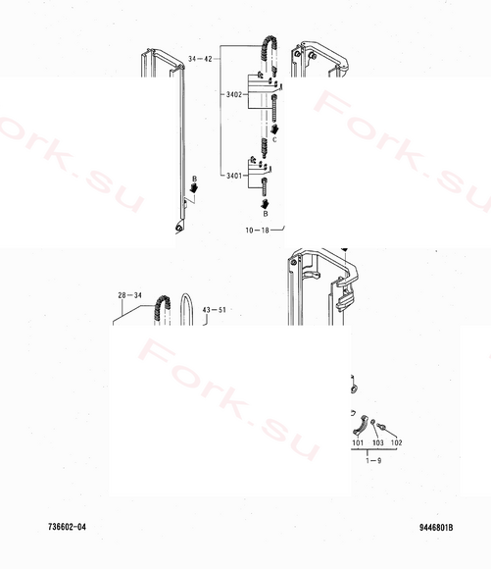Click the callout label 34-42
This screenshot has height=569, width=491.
click(200, 59)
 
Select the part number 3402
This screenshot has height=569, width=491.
click(234, 95)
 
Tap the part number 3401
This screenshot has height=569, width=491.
click(234, 176)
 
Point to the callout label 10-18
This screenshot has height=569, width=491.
click(257, 231)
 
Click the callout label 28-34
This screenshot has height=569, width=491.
click(129, 295)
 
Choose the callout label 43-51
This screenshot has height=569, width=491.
click(214, 310)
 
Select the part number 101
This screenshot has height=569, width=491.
click(358, 442)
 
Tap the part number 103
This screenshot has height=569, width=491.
click(378, 442)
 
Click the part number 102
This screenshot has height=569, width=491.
click(396, 442)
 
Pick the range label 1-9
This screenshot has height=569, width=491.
click(373, 461)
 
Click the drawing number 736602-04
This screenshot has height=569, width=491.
click(67, 527)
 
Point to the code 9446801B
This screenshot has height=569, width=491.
click(436, 528)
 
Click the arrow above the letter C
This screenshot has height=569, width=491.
click(274, 129)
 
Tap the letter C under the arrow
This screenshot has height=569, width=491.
click(274, 139)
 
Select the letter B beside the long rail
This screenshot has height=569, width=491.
click(194, 179)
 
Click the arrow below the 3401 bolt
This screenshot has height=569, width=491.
click(265, 204)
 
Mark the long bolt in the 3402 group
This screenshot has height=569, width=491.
click(274, 109)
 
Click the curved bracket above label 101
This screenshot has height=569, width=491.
click(361, 426)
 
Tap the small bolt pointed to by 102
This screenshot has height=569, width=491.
click(381, 427)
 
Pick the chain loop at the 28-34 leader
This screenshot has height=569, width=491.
click(162, 308)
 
